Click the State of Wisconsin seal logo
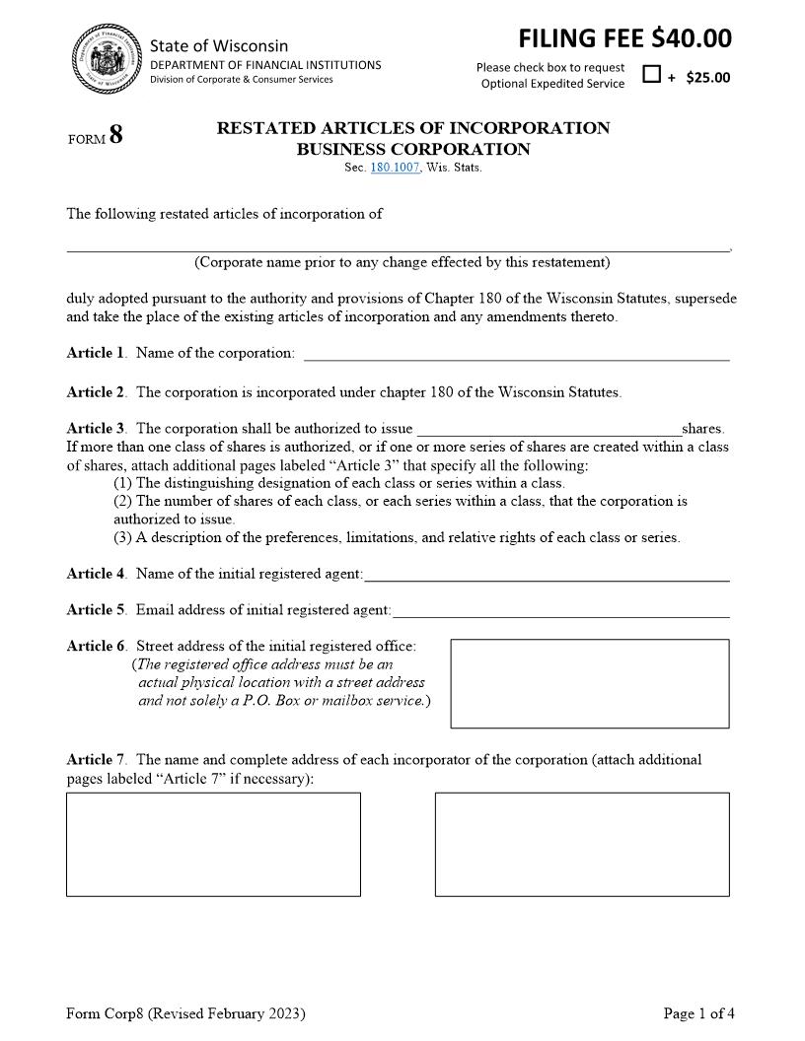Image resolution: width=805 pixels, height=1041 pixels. (106, 59)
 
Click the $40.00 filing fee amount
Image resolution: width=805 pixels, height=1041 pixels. (692, 38)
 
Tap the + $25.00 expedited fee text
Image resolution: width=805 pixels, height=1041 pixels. (699, 78)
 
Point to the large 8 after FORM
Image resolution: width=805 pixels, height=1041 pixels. (116, 135)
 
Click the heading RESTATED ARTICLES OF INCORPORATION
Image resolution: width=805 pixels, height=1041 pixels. (412, 128)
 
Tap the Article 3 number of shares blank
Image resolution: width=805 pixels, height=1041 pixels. (549, 429)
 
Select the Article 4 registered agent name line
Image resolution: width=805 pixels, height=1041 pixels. (547, 574)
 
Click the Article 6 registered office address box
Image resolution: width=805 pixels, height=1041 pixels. (589, 683)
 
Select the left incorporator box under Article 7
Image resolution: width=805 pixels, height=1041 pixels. (213, 844)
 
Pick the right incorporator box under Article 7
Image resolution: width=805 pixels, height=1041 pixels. (582, 844)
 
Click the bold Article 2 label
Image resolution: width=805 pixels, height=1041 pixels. (96, 392)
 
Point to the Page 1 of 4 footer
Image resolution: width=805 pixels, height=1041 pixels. (698, 1013)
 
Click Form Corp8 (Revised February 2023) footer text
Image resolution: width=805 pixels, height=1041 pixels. (185, 1013)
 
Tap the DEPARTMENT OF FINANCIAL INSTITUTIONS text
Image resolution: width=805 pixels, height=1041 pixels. (265, 65)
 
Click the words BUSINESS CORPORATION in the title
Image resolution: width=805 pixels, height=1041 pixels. (412, 150)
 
